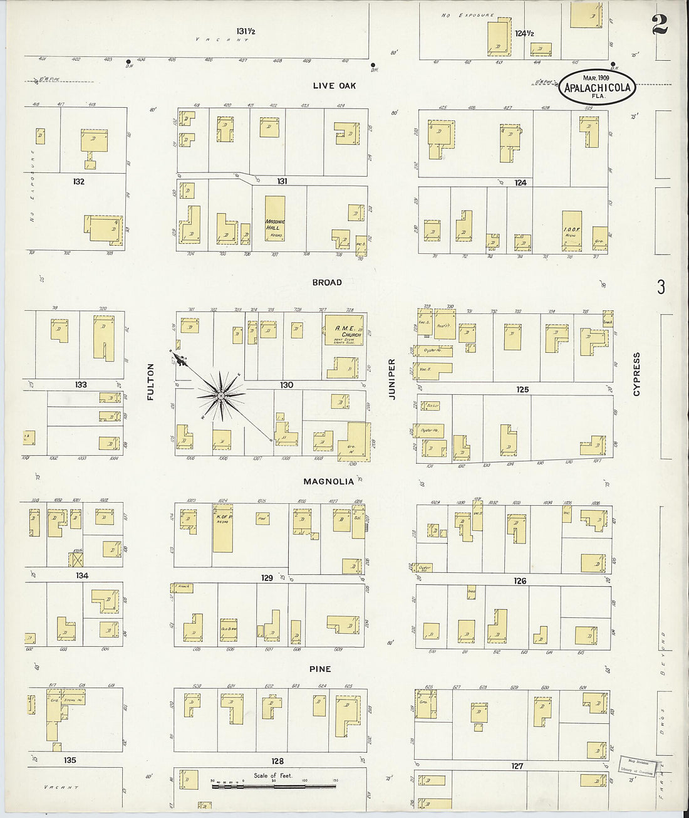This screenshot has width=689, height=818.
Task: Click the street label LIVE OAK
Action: pos(334,85)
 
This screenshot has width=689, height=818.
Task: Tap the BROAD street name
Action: pos(327,283)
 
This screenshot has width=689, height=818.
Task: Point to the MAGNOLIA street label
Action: pos(328,481)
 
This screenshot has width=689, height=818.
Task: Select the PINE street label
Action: pos(319,669)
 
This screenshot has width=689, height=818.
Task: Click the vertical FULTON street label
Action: pos(150,382)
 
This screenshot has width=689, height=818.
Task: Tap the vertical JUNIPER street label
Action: pos(392,379)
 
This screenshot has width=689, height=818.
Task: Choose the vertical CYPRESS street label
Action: pos(636,374)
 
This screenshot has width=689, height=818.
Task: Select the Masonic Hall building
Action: pos(274,219)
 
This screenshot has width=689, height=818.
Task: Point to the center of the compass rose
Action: pos(220,396)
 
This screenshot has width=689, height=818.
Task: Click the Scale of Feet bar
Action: pos(273,784)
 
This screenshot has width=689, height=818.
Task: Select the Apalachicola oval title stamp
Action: pos(597,87)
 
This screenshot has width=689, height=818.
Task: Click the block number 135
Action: pos(70,760)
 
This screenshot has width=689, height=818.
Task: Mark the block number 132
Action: pos(78,181)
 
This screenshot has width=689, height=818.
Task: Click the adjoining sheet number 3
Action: pos(661,287)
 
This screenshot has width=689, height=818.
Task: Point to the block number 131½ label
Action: pos(245,31)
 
